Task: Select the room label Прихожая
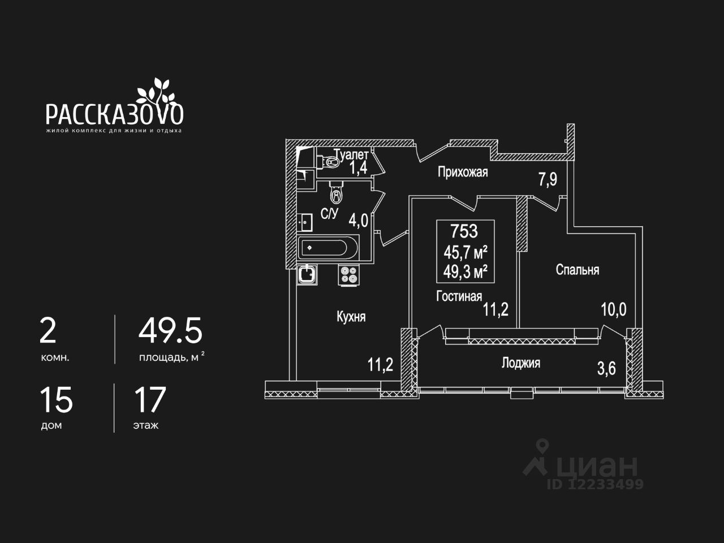pyautogui.click(x=463, y=172)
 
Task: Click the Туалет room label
pyautogui.click(x=351, y=154)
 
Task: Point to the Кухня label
pyautogui.click(x=351, y=317)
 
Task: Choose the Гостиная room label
pyautogui.click(x=459, y=296)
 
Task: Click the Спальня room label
pyautogui.click(x=577, y=270)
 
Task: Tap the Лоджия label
pyautogui.click(x=520, y=363)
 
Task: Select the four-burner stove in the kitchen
pyautogui.click(x=349, y=275)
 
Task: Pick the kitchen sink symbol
pyautogui.click(x=307, y=275)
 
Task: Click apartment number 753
pyautogui.click(x=464, y=231)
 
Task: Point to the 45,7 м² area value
pyautogui.click(x=466, y=252)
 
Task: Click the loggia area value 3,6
pyautogui.click(x=606, y=369)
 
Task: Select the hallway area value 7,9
pyautogui.click(x=548, y=179)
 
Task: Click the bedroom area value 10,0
pyautogui.click(x=613, y=309)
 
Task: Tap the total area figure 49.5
pyautogui.click(x=170, y=331)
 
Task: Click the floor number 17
pyautogui.click(x=149, y=400)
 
